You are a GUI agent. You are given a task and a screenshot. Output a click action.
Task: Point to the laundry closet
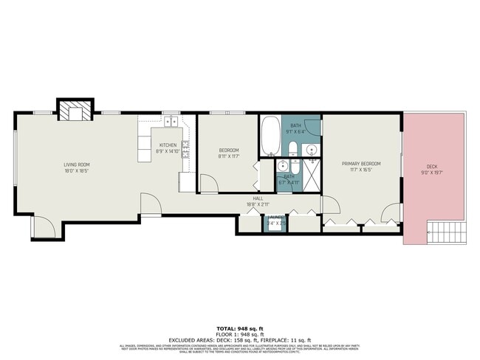(275, 223)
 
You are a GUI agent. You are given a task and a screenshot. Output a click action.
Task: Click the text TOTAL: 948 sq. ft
(240, 327)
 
